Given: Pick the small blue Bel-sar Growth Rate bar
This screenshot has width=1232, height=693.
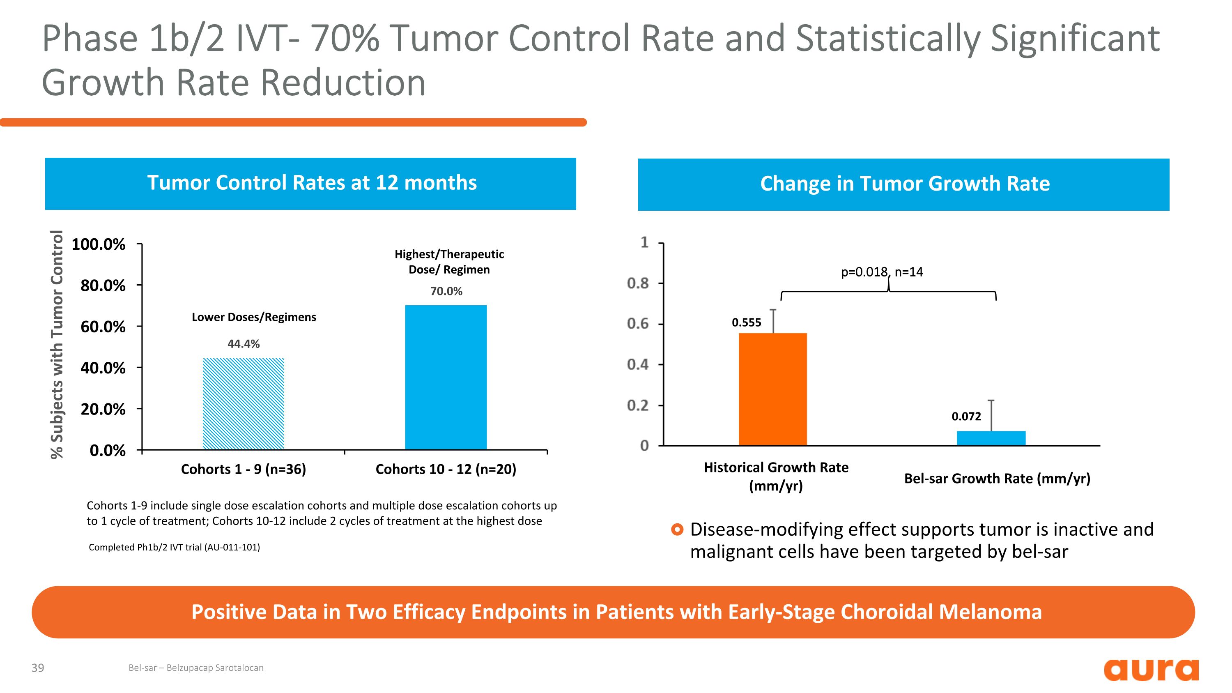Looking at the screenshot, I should pos(991,438).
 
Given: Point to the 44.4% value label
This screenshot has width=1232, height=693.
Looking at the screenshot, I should pos(244,344).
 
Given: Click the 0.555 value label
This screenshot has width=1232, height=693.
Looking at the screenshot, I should pos(746,322).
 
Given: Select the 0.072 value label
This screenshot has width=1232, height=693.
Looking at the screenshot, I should pos(966,416).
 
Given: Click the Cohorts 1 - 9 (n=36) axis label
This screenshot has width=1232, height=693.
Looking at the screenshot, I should pos(244,469).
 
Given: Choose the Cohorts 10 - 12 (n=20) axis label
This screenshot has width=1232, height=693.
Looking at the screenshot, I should pos(446,469).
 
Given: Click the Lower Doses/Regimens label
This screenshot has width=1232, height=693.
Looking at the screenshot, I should pos(254,317).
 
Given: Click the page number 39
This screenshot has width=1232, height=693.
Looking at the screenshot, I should pos(38,668).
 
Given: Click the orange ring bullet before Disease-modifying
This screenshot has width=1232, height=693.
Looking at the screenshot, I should pos(677,530).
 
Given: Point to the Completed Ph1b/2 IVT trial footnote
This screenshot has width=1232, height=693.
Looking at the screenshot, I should pos(175,547).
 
